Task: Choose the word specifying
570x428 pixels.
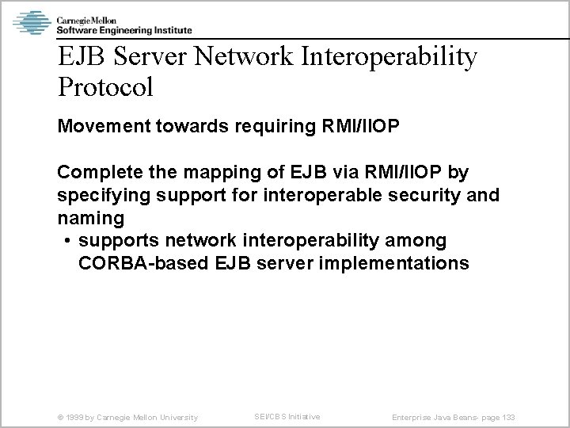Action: pos(101,195)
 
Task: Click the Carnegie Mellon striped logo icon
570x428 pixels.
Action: pos(32,21)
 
